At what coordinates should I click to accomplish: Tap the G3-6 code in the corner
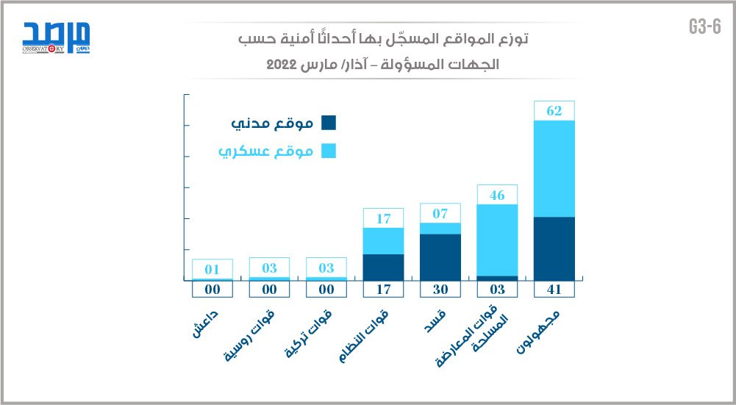point(704,27)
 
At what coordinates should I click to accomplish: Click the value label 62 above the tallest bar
point(554,111)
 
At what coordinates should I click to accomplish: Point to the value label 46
point(497,195)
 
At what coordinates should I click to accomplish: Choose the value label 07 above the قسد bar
point(440,213)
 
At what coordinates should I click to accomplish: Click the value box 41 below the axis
point(554,290)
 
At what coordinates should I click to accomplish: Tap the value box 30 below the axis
point(440,290)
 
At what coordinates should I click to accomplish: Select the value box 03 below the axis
point(497,290)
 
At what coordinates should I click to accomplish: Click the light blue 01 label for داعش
point(212,270)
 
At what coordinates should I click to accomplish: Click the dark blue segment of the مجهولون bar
point(554,248)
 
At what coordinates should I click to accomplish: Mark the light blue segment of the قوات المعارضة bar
point(497,240)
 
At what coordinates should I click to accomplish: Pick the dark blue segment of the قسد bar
point(440,257)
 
